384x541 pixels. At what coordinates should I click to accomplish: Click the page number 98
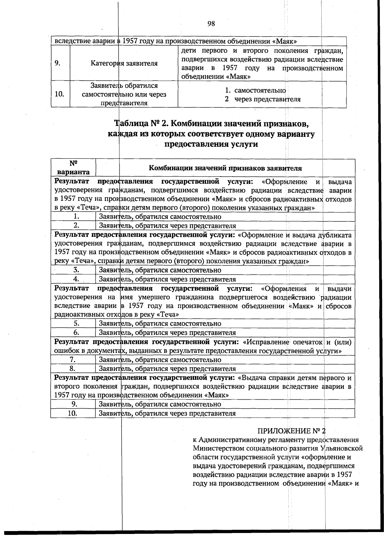coord(211,24)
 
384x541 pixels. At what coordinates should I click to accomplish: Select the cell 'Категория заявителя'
coord(124,63)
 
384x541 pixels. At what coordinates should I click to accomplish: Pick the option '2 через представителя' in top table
coord(262,99)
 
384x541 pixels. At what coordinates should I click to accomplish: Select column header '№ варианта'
coord(73,167)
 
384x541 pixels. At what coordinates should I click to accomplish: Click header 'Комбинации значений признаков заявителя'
coord(225,168)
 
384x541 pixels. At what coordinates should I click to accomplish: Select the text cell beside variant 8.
coord(167,369)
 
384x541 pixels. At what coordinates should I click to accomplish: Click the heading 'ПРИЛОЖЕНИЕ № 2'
coord(291,430)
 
